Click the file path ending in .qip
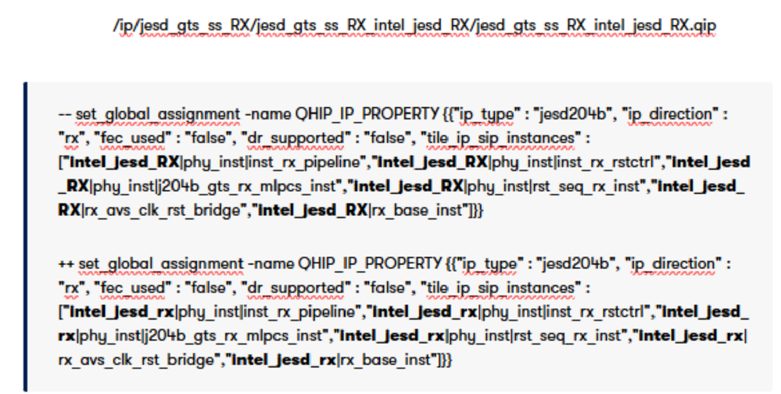click(414, 25)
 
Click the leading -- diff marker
click(65, 114)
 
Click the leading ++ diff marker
click(66, 263)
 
